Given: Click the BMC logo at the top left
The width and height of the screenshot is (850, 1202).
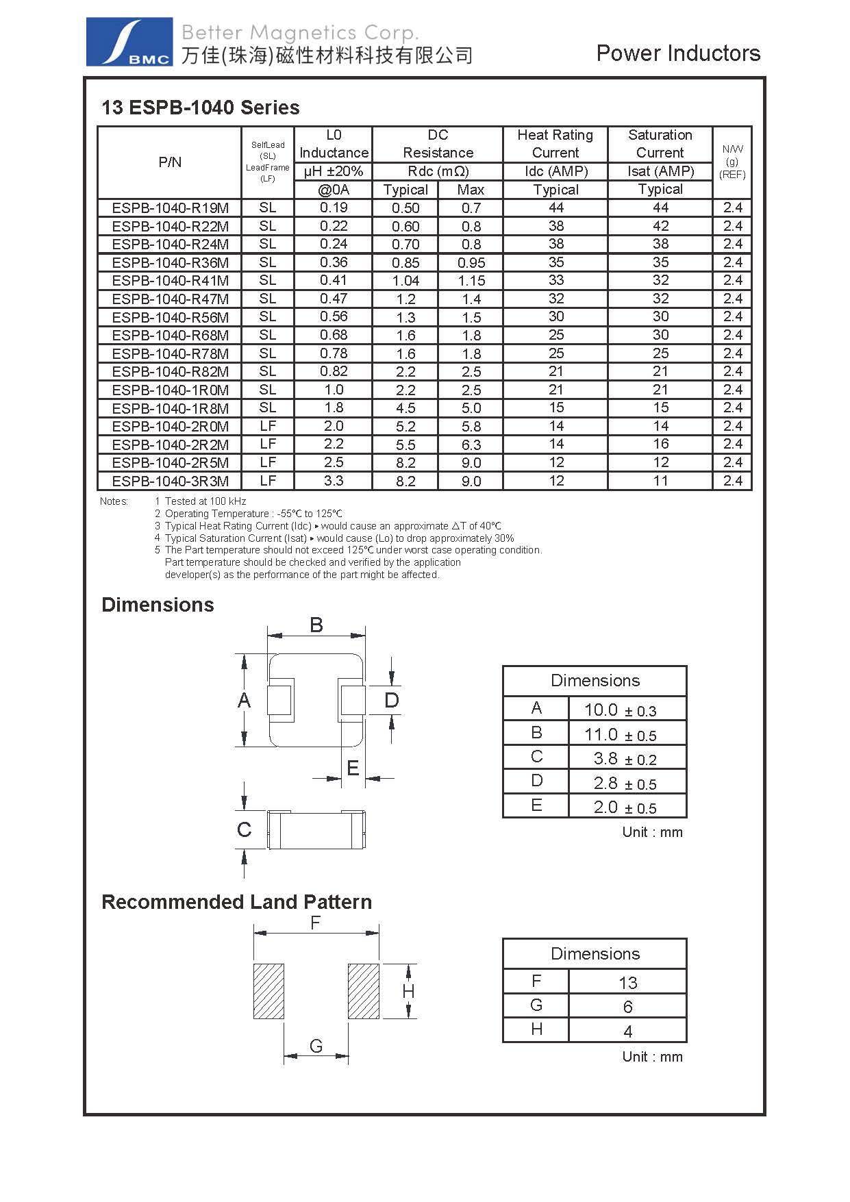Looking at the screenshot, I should click(x=129, y=42).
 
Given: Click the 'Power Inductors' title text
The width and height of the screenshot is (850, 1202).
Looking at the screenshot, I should click(x=678, y=53).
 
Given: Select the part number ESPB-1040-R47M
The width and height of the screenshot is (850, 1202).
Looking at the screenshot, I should click(x=171, y=299).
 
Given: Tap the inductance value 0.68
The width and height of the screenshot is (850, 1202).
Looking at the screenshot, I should click(x=334, y=335).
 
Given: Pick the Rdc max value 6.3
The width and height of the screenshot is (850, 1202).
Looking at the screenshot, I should click(x=471, y=445).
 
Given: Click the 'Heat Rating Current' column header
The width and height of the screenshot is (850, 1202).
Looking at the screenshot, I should click(x=555, y=144).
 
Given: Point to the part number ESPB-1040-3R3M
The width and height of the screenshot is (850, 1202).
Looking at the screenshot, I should click(x=171, y=481).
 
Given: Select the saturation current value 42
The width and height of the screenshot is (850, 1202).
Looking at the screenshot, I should click(x=660, y=226).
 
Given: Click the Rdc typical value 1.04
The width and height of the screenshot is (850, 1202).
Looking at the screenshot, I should click(x=405, y=281).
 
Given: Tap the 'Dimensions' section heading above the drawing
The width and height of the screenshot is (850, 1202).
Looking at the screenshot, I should click(x=158, y=605).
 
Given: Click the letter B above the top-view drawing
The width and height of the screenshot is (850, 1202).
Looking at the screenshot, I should click(x=316, y=625).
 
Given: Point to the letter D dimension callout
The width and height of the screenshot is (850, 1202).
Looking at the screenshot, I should click(x=391, y=700).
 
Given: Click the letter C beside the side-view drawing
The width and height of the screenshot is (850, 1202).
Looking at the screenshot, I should click(x=244, y=829).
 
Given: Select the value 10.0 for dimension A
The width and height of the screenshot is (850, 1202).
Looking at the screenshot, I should click(x=601, y=710).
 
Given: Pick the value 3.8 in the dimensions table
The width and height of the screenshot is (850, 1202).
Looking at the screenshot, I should click(x=605, y=759).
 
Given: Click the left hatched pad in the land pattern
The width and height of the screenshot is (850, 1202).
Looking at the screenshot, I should click(x=268, y=991).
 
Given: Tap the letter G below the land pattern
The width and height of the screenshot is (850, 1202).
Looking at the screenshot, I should click(x=316, y=1046).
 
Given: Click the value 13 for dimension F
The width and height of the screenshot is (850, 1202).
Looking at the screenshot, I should click(x=627, y=983).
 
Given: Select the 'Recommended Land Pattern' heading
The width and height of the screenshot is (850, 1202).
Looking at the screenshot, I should click(x=236, y=902).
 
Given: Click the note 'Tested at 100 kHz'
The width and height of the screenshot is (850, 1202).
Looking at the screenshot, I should click(x=205, y=501).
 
